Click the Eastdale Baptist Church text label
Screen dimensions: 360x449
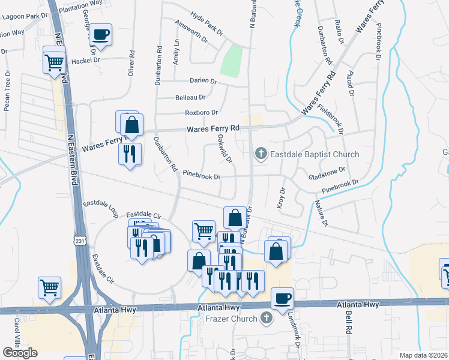tap(315, 154)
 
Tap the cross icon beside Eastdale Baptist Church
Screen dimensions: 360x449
tap(261, 154)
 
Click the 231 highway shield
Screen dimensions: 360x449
tap(80, 240)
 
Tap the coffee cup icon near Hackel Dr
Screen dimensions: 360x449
tap(101, 35)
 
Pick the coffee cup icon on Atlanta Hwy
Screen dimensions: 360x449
tap(283, 297)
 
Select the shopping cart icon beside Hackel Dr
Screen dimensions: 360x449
tap(55, 61)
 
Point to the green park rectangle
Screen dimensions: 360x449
tap(231, 61)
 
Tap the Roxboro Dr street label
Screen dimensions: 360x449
tap(201, 112)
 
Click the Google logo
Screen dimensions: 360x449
tap(20, 353)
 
